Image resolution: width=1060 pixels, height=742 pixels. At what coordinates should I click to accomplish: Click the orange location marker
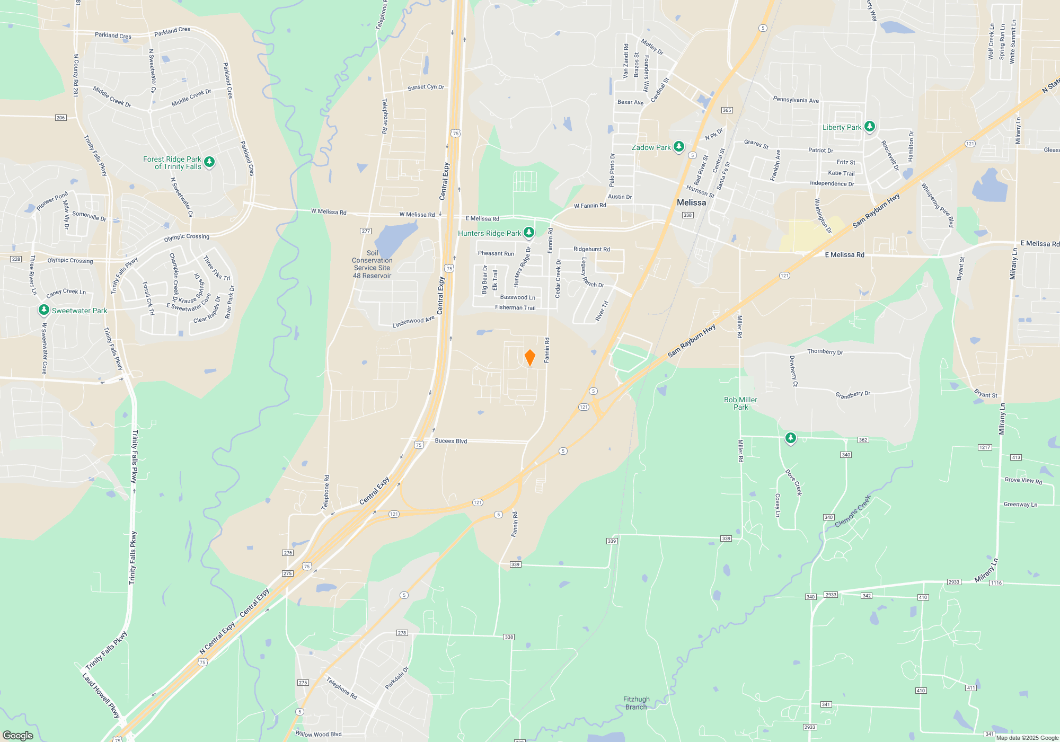click(529, 358)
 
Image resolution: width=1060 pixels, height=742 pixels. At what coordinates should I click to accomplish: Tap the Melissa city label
click(691, 202)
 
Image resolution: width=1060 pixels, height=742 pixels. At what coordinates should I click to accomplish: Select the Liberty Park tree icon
click(869, 127)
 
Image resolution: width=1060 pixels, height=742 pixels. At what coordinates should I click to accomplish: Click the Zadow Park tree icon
click(678, 147)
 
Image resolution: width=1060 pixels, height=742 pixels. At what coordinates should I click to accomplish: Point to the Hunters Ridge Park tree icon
click(528, 233)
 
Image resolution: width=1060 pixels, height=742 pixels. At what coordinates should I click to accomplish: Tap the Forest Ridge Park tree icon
click(209, 162)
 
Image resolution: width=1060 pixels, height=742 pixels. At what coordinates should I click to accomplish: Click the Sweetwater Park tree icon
click(44, 310)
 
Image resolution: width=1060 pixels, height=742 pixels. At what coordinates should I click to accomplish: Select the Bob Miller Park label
click(740, 403)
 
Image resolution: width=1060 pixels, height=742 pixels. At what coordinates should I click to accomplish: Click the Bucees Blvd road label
click(450, 441)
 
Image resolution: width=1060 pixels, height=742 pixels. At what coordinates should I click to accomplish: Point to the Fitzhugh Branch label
click(636, 703)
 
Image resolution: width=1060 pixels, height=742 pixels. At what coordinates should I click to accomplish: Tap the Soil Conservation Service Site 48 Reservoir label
click(372, 264)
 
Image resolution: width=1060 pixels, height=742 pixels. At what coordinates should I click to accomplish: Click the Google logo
click(18, 735)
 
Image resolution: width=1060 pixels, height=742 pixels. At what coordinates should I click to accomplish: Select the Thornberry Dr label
click(825, 351)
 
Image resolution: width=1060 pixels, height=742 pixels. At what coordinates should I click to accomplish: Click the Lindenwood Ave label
click(413, 322)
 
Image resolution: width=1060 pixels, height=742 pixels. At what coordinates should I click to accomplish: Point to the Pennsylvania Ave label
click(796, 100)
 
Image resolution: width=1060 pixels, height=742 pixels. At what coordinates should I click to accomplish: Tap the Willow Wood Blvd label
click(318, 734)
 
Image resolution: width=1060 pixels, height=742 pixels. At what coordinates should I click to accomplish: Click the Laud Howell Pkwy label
click(100, 695)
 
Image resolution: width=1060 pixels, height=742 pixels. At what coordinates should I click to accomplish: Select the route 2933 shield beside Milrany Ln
click(953, 582)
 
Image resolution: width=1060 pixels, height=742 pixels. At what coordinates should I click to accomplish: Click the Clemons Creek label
click(852, 511)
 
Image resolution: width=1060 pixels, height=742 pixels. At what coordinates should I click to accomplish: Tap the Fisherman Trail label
click(515, 307)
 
